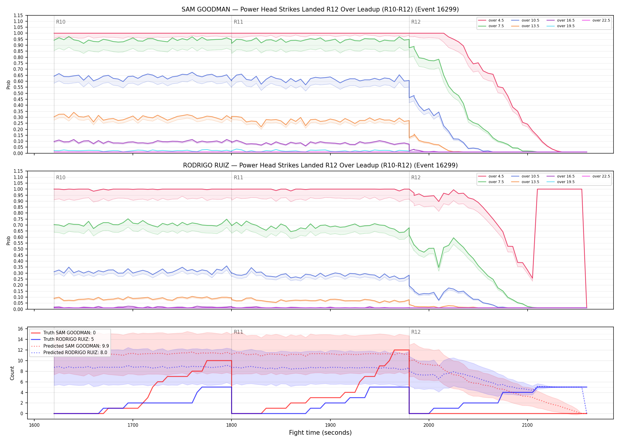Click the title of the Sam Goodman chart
click(320, 9)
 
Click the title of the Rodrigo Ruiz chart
click(320, 165)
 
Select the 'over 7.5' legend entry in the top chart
click(491, 26)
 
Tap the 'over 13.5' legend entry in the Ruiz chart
click(525, 182)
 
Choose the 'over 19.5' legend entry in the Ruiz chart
click(561, 182)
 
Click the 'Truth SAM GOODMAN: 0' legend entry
click(63, 333)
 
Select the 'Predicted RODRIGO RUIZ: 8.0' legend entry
click(69, 352)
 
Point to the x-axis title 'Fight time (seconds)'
click(320, 433)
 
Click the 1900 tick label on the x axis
click(330, 425)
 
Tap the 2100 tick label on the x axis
click(527, 425)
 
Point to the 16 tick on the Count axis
click(20, 329)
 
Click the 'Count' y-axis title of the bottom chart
click(12, 373)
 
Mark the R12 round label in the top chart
click(416, 22)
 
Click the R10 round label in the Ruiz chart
click(61, 177)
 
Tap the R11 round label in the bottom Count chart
click(238, 332)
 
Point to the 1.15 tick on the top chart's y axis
click(18, 15)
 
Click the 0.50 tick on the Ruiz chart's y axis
click(18, 249)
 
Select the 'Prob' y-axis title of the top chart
click(9, 84)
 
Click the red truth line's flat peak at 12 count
click(402, 350)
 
